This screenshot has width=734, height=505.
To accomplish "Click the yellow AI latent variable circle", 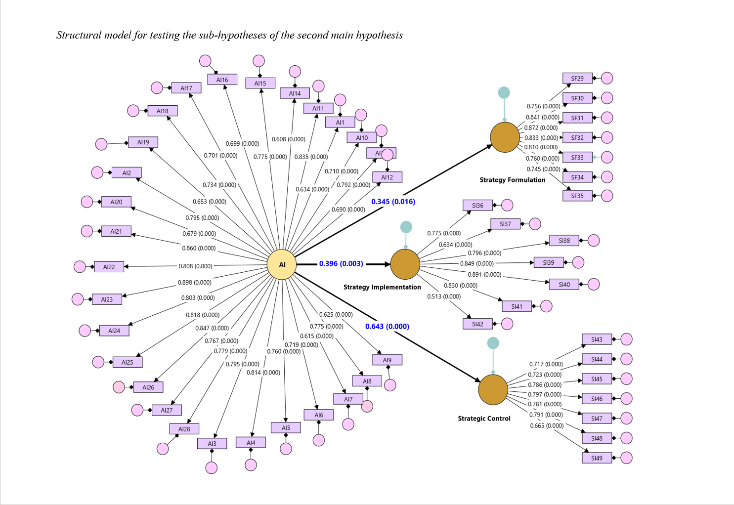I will click(282, 265).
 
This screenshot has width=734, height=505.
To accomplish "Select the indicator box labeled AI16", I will click(222, 80).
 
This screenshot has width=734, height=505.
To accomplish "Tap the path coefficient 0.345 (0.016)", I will click(393, 202).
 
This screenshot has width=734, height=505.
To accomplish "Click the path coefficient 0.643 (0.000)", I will click(387, 327).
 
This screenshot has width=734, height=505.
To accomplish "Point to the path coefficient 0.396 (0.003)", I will click(341, 264).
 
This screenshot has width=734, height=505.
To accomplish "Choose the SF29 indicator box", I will click(577, 79).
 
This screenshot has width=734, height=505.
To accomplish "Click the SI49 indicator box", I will click(597, 458).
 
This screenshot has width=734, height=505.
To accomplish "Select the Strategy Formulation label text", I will click(512, 180).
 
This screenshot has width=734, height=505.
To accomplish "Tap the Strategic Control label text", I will click(484, 419).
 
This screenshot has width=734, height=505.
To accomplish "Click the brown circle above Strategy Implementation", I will click(405, 264).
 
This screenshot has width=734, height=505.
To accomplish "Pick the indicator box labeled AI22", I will click(109, 267).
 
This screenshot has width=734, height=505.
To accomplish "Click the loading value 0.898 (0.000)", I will click(195, 283).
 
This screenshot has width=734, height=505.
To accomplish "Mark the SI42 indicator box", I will click(477, 324).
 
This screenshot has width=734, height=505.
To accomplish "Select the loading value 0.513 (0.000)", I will click(444, 296).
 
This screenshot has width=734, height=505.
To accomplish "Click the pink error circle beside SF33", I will click(607, 157).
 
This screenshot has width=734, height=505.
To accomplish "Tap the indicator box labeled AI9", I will click(387, 360).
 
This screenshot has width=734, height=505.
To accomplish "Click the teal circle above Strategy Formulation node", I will click(504, 92).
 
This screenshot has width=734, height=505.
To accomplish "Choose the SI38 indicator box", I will click(564, 241).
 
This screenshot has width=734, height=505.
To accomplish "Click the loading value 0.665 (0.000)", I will click(547, 426).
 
